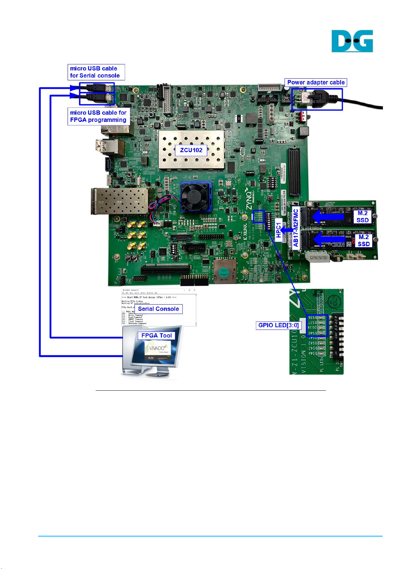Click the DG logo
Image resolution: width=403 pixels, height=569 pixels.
352,41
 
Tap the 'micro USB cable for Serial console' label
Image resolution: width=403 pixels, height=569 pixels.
96,72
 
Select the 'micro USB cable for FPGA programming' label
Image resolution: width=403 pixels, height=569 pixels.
98,116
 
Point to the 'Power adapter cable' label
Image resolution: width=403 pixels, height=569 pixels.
316,82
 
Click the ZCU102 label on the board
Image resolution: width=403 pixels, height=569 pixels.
191,150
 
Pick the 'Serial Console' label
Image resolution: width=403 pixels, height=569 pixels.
158,309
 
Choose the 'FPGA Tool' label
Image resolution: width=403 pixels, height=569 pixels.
157,335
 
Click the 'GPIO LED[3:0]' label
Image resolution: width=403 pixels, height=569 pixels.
278,325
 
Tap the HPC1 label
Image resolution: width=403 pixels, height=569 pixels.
278,230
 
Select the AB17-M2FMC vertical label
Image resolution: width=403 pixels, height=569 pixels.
296,228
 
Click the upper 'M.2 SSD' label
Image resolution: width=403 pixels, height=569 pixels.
362,216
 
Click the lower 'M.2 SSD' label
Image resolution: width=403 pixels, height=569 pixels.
363,240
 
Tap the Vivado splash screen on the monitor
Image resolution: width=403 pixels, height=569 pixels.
158,350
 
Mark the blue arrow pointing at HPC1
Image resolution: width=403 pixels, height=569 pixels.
287,230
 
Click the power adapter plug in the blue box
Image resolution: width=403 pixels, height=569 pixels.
318,99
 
